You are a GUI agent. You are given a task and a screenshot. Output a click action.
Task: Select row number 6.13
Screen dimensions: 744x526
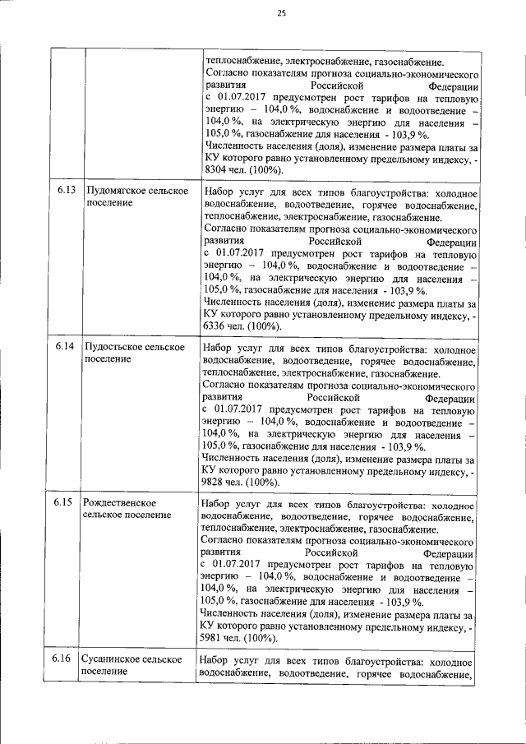pyautogui.click(x=67, y=191)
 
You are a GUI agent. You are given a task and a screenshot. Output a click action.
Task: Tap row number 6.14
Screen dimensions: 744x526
pyautogui.click(x=67, y=346)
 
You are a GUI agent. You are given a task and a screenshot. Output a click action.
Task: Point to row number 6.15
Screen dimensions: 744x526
pyautogui.click(x=67, y=501)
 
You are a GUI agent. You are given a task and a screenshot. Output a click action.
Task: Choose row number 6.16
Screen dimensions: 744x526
pyautogui.click(x=67, y=659)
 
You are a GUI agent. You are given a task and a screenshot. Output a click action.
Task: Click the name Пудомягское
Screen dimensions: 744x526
pyautogui.click(x=116, y=191)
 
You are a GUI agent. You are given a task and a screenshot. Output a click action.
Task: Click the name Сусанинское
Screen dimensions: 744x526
pyautogui.click(x=115, y=659)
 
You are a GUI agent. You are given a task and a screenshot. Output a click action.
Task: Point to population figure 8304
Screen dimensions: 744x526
pyautogui.click(x=215, y=170)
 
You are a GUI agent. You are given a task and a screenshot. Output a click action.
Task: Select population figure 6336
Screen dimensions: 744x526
pyautogui.click(x=215, y=326)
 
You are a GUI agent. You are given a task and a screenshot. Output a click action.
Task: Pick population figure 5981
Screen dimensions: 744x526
pyautogui.click(x=215, y=638)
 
